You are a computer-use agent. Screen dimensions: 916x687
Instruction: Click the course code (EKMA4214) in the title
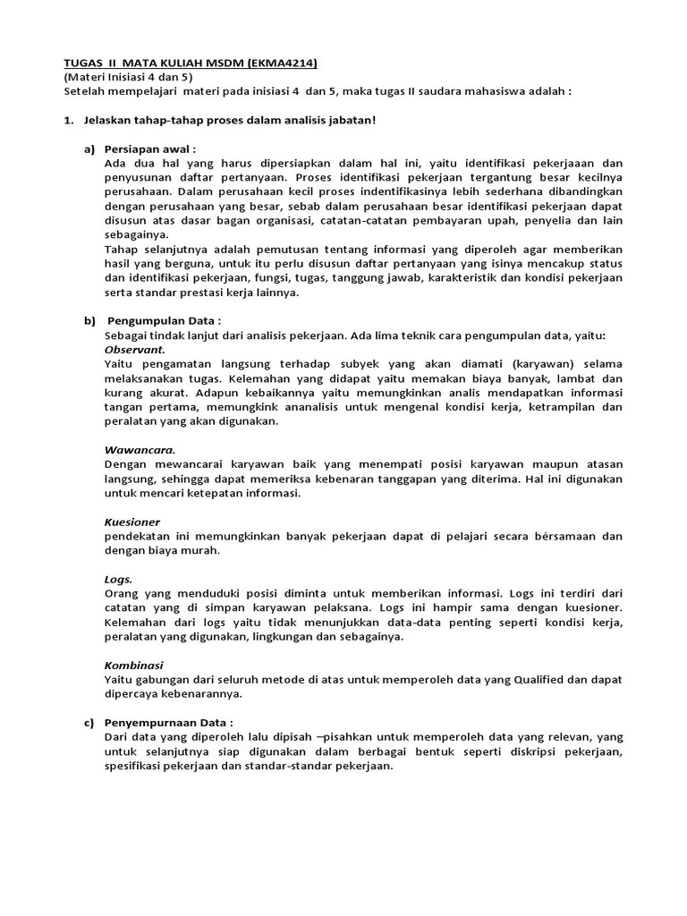[276, 63]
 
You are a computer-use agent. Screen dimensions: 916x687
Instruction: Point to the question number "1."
[69, 119]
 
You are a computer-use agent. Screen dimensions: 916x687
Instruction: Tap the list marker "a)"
[89, 148]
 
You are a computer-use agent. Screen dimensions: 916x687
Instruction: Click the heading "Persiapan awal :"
[150, 148]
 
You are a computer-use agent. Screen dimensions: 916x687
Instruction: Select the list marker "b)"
[89, 320]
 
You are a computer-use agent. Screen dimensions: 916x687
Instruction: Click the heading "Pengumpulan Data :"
[165, 320]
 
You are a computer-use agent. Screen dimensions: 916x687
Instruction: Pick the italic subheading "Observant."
[134, 349]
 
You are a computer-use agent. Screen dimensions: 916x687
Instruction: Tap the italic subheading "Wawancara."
[140, 450]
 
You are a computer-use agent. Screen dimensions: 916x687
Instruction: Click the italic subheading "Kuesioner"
[132, 522]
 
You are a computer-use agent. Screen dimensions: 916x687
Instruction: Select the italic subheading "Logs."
[119, 579]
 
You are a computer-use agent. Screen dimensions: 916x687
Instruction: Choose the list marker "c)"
[89, 722]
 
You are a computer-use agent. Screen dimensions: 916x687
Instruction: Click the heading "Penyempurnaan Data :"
[169, 722]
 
